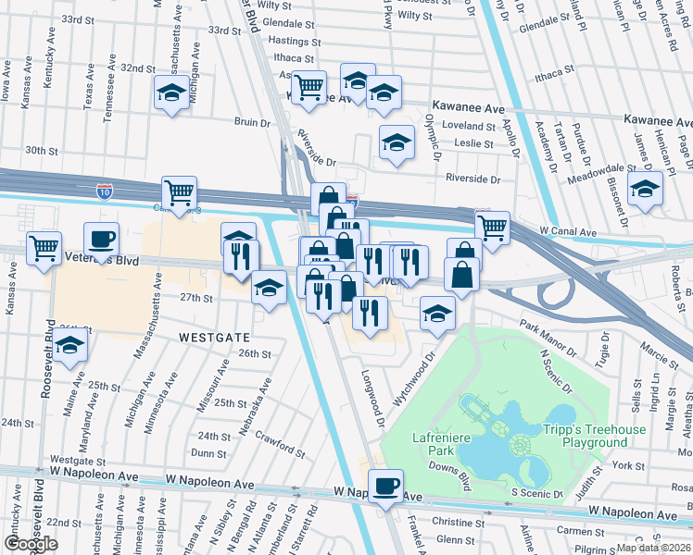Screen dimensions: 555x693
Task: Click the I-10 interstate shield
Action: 105,191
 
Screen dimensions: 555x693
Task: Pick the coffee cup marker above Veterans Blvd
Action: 102,239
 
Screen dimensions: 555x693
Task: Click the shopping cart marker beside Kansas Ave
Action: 44,247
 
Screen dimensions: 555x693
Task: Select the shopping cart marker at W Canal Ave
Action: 492,226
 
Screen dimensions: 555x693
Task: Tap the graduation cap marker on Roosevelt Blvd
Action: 70,347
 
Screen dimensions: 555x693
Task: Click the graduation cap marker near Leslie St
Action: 397,142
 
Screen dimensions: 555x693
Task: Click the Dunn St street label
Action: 209,453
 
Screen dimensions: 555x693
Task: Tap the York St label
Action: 628,465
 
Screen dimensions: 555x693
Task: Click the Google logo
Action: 31,544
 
